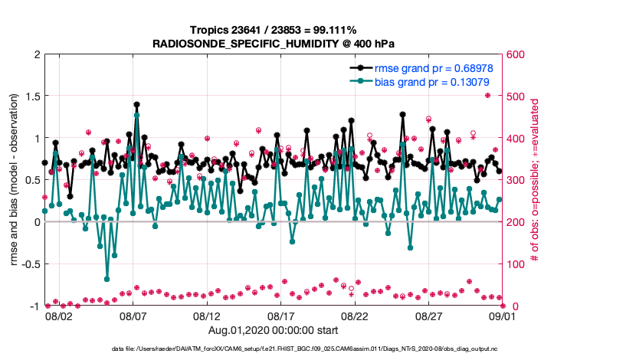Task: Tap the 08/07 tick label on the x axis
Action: tap(133, 316)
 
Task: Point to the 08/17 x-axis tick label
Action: tap(281, 316)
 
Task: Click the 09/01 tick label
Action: tap(503, 316)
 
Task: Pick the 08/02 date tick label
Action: tap(59, 316)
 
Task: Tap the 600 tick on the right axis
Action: tap(515, 55)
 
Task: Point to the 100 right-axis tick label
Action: tap(515, 264)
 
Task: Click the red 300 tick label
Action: tap(515, 180)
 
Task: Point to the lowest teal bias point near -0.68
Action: tap(107, 279)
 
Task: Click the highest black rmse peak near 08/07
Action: tap(136, 105)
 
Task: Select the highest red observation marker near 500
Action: tap(488, 96)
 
